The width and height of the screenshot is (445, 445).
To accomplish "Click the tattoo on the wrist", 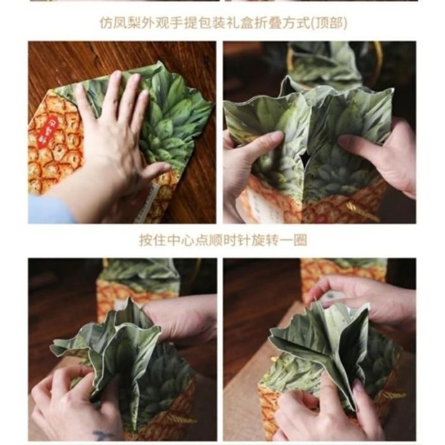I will pos(102,435).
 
